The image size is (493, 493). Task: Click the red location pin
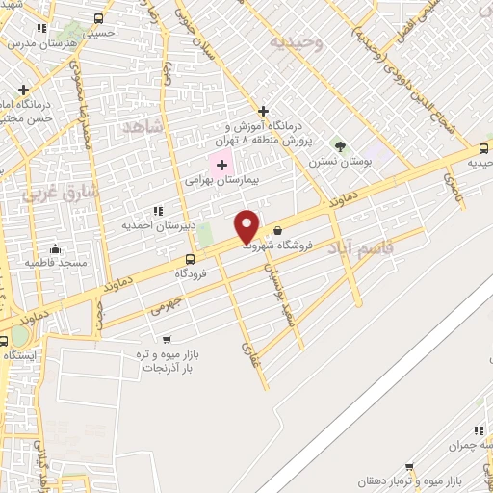247,225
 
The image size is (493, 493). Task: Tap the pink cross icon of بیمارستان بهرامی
221,165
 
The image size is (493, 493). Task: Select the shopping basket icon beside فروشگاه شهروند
278,230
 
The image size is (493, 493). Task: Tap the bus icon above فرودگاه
190,258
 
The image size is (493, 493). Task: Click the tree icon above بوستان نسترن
339,145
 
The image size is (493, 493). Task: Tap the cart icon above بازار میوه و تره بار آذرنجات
168,339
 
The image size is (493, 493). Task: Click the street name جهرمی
166,306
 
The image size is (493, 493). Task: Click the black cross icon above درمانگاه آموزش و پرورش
263,112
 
